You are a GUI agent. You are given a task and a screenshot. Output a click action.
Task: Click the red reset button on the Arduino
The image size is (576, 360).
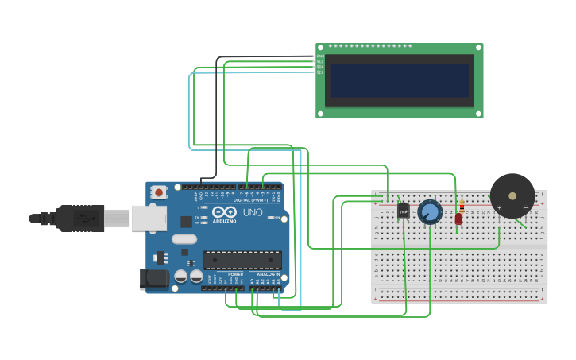pyautogui.click(x=159, y=192)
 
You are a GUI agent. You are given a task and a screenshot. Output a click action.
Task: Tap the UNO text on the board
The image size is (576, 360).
pyautogui.click(x=252, y=212)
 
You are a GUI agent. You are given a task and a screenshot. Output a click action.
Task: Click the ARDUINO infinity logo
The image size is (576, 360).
pyautogui.click(x=224, y=212)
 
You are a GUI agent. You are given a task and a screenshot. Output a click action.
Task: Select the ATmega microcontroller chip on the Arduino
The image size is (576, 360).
pyautogui.click(x=242, y=260)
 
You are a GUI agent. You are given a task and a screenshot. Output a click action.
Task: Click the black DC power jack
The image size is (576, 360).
pyautogui.click(x=154, y=278)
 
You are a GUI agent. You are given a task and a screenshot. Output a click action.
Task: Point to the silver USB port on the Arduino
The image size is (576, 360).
pyautogui.click(x=149, y=218)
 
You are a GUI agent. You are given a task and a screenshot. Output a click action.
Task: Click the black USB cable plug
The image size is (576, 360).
pyautogui.click(x=80, y=218)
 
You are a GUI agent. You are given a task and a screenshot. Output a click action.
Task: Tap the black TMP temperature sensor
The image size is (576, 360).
pyautogui.click(x=403, y=211)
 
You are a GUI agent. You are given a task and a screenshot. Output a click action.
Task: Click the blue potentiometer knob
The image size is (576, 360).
pyautogui.click(x=430, y=212)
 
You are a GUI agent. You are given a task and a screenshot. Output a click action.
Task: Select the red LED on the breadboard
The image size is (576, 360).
pyautogui.click(x=458, y=219)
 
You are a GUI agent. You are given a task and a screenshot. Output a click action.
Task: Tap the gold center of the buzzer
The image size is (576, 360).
pyautogui.click(x=512, y=195)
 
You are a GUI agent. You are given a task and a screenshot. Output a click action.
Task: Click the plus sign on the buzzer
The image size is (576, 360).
pyautogui.click(x=500, y=207)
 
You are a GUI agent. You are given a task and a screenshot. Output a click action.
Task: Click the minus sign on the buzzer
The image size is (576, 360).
pyautogui.click(x=525, y=207)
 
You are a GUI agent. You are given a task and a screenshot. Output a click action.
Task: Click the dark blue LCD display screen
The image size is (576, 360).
pyautogui.click(x=399, y=80)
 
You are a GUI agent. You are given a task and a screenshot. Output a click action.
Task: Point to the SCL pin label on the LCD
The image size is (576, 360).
pyautogui.click(x=319, y=72)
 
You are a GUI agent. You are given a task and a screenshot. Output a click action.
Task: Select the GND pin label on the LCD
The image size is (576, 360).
pyautogui.click(x=319, y=56)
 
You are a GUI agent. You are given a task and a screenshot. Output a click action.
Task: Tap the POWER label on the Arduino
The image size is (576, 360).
pyautogui.click(x=236, y=274)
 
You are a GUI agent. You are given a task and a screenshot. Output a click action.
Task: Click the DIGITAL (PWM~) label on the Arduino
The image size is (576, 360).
pyautogui.click(x=250, y=199)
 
